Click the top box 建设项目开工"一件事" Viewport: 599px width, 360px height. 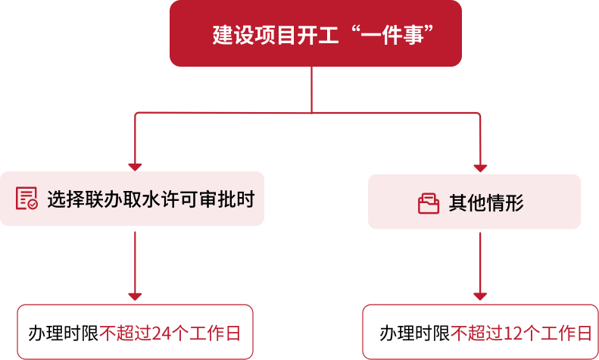click(315, 33)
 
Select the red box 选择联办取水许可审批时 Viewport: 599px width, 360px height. click(132, 199)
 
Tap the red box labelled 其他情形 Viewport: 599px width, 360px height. click(474, 202)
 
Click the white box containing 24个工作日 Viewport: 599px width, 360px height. click(135, 332)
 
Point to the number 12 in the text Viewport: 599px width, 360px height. click(513, 333)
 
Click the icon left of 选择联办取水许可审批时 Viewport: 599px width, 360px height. click(27, 199)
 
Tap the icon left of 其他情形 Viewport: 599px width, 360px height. click(429, 203)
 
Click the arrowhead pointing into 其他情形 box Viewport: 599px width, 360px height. click(480, 167)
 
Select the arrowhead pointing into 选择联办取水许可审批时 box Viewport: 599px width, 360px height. click(135, 166)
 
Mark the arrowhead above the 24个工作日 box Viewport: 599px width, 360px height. click(135, 296)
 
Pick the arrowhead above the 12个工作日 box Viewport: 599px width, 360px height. click(480, 296)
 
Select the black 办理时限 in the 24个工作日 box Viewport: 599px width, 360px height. click(64, 333)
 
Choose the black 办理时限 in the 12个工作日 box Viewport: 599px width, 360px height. click(415, 333)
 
